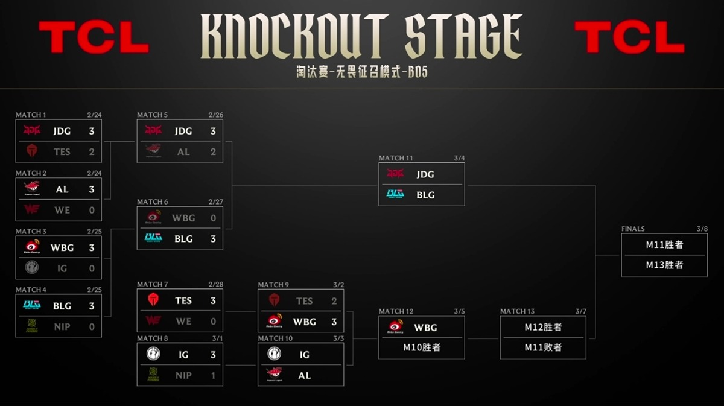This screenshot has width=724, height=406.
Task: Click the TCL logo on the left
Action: pyautogui.click(x=94, y=36)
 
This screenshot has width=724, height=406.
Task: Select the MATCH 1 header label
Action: pyautogui.click(x=31, y=115)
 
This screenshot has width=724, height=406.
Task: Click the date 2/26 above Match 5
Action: pyautogui.click(x=215, y=115)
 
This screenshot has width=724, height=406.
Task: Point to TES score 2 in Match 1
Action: pyautogui.click(x=92, y=151)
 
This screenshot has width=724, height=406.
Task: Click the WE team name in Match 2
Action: pyautogui.click(x=62, y=210)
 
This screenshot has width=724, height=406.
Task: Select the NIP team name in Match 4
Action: pyautogui.click(x=62, y=326)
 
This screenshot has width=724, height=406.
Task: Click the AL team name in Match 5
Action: pyautogui.click(x=183, y=152)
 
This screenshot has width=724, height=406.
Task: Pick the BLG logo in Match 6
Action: pyautogui.click(x=153, y=238)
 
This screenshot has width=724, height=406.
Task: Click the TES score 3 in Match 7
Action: pyautogui.click(x=213, y=300)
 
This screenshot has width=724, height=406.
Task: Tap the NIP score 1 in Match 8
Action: pyautogui.click(x=213, y=375)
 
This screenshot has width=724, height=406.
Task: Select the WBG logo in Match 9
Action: pyautogui.click(x=275, y=321)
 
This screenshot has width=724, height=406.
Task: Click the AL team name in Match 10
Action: pyautogui.click(x=304, y=375)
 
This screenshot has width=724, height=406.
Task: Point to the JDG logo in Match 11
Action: pyautogui.click(x=395, y=174)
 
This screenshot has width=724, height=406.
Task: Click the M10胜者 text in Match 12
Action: pyautogui.click(x=422, y=347)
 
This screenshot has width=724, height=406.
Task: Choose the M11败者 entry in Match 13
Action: pyautogui.click(x=543, y=347)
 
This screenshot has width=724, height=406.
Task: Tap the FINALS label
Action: pyautogui.click(x=633, y=229)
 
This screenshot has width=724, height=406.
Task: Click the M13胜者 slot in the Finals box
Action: pyautogui.click(x=664, y=265)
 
